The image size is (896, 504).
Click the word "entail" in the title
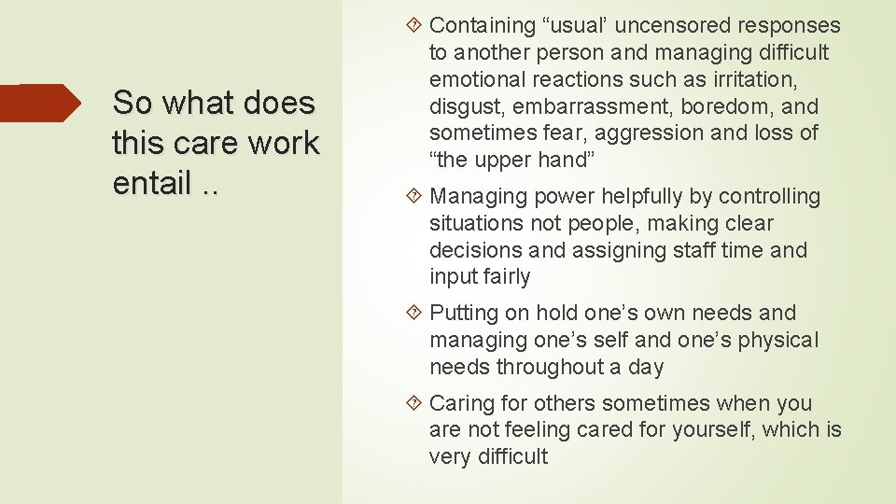(x=152, y=184)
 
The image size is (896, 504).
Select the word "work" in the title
(x=285, y=143)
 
